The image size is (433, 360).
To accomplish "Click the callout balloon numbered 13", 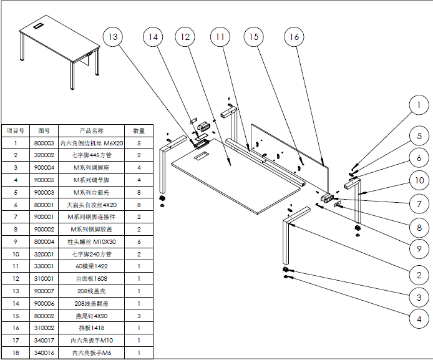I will [x=112, y=37].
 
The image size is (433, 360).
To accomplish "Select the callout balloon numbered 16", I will [x=294, y=37].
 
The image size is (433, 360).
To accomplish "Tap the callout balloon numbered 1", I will [x=419, y=105].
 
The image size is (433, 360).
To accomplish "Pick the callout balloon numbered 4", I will [x=419, y=318].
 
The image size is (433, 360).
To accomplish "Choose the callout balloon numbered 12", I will [x=185, y=37].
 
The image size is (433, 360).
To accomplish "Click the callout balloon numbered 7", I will [x=419, y=203].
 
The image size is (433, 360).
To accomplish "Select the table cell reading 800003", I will [x=44, y=143].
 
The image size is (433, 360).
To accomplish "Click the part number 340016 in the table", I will [x=44, y=353].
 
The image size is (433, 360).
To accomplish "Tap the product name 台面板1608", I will [x=91, y=278].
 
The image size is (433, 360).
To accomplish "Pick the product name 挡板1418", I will [x=91, y=328].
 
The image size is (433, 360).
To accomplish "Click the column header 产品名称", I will [x=91, y=131].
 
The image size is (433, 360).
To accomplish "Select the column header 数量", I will [x=139, y=131].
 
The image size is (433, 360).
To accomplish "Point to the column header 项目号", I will [x=15, y=131].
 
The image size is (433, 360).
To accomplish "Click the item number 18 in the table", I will [x=15, y=353].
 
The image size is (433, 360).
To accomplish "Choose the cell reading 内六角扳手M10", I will [x=91, y=341].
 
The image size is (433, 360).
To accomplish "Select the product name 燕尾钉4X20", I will [x=91, y=316].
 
